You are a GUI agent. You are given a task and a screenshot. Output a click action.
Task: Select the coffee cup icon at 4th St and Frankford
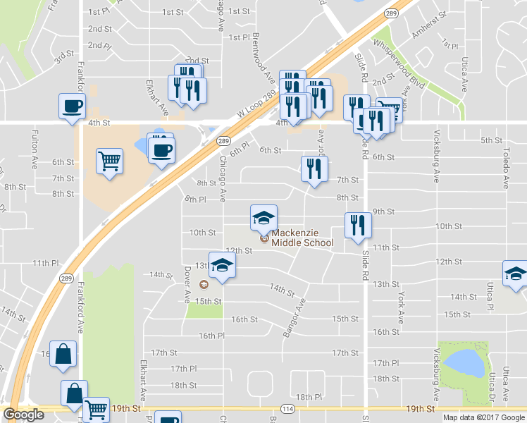tap(72, 107)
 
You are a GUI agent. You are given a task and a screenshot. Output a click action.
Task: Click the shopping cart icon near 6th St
tap(110, 161)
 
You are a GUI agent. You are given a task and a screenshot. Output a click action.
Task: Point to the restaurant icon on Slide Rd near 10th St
tap(358, 225)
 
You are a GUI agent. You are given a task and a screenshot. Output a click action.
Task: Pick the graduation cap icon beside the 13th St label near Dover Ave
tap(222, 265)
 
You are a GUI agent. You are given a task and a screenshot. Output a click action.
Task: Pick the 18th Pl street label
tap(309, 398)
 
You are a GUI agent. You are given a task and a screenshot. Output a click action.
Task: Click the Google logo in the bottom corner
tap(23, 415)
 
